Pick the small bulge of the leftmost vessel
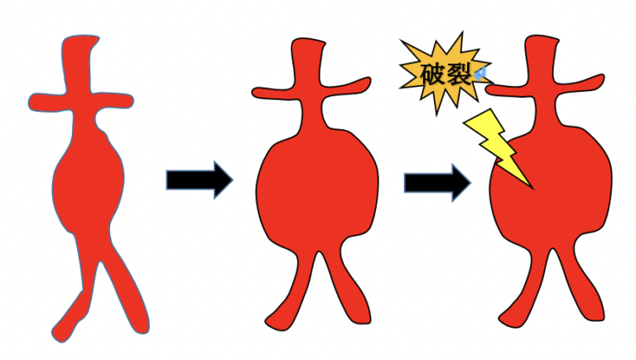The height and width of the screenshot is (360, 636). (x=88, y=178)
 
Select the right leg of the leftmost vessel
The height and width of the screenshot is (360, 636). (x=124, y=290)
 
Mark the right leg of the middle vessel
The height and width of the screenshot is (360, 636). (x=344, y=290)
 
